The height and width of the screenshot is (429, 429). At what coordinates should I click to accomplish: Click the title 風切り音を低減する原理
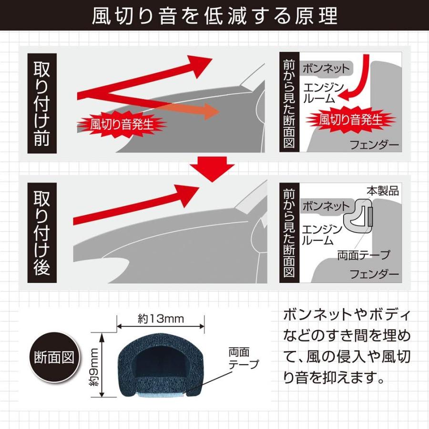coord(214,16)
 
